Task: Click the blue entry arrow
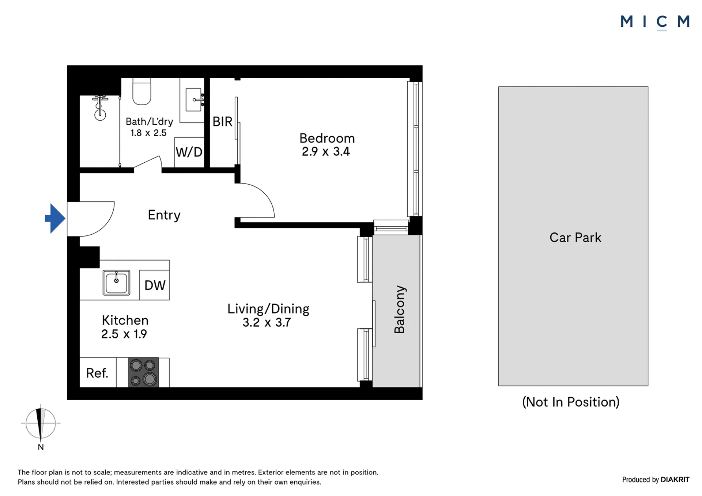point(55,218)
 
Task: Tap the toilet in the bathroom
point(141,91)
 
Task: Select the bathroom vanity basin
point(194,99)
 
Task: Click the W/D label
point(189,152)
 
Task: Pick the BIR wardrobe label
point(222,122)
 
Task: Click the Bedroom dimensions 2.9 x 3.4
point(326,152)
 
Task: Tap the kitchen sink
point(116,283)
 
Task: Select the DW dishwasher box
point(154,285)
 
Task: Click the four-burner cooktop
point(143,372)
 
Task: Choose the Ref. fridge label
point(97,373)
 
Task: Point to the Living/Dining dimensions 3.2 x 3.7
point(267,323)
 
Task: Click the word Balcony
point(400,309)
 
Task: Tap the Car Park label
point(575,238)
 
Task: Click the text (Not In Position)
point(571,402)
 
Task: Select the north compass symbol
point(41,424)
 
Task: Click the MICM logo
point(655,22)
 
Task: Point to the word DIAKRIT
point(675,480)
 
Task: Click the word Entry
point(164,215)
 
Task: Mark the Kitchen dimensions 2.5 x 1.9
point(124,334)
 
